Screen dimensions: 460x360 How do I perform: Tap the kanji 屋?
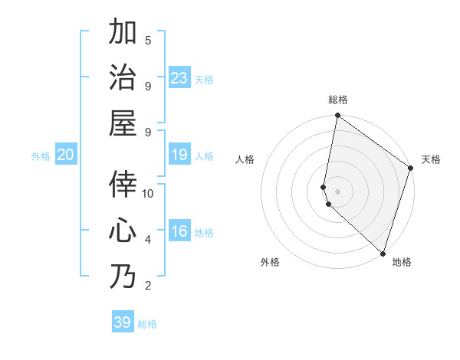[x=123, y=123]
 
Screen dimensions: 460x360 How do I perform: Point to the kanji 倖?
[x=123, y=185]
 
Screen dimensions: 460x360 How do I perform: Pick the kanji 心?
[x=123, y=231]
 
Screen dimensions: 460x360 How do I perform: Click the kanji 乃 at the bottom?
[x=123, y=276]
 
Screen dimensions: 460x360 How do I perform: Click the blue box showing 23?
[x=179, y=78]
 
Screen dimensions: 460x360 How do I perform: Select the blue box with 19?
[x=179, y=155]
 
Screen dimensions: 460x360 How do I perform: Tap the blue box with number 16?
[x=179, y=231]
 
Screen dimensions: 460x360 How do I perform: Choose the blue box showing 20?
[x=65, y=155]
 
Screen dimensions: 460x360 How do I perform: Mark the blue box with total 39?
[x=123, y=322]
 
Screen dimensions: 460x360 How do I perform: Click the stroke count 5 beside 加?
[x=148, y=40]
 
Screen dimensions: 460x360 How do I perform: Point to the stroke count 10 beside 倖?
[x=148, y=193]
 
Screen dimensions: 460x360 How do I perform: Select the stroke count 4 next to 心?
[x=148, y=240]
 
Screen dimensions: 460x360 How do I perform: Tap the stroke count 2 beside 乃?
[x=148, y=286]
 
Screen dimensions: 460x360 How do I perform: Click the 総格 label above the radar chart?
[x=338, y=100]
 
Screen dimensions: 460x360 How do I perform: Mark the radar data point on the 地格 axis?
[x=383, y=254]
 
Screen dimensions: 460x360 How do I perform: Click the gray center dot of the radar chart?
[x=338, y=191]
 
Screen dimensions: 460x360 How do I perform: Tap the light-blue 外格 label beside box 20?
[x=41, y=156]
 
